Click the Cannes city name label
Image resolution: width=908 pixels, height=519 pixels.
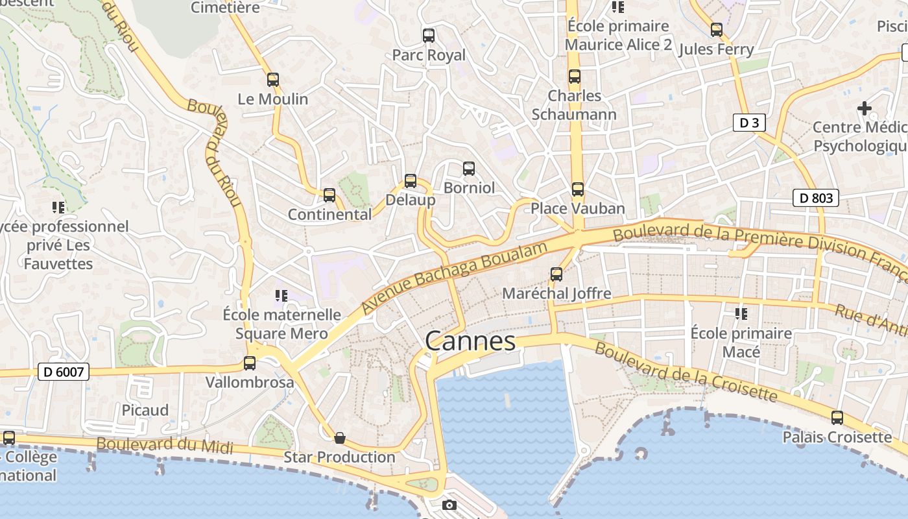(x=470, y=341)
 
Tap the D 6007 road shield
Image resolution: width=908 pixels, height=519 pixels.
(x=63, y=372)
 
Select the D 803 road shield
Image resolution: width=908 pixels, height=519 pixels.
(x=816, y=198)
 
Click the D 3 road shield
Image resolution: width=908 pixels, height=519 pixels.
(x=749, y=123)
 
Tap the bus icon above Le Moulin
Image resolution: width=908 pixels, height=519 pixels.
(x=273, y=80)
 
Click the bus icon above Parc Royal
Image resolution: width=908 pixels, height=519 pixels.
(x=429, y=35)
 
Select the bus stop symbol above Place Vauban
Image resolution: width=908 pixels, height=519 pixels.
(x=577, y=189)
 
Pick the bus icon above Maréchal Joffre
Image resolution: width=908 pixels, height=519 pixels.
(x=556, y=274)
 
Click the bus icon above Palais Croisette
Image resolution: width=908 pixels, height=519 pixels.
(x=837, y=418)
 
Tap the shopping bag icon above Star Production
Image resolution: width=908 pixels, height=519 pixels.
(x=339, y=439)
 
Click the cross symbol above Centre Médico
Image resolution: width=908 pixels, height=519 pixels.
(x=865, y=108)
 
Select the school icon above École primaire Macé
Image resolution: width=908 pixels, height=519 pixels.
(x=741, y=314)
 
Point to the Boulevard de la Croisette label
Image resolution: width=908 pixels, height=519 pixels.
(x=686, y=372)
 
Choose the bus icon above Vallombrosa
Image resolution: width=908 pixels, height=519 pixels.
(x=250, y=363)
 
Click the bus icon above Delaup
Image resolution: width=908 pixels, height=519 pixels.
(x=411, y=181)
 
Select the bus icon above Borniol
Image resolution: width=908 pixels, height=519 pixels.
(x=469, y=169)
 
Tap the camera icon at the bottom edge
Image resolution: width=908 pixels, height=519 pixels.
(x=449, y=505)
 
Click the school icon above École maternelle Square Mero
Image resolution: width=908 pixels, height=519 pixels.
(x=281, y=296)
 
